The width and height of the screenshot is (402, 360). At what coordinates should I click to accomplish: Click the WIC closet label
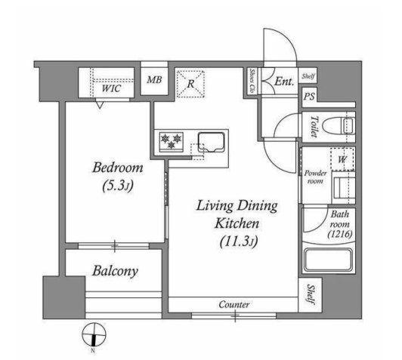[111, 88]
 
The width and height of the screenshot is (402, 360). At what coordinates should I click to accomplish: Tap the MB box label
[154, 80]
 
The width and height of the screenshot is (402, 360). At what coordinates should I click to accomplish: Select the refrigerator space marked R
[190, 84]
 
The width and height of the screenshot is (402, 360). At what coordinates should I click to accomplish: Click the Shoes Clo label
[252, 81]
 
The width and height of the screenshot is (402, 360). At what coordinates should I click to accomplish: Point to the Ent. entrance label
[284, 82]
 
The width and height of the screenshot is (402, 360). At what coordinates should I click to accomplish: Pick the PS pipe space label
[310, 97]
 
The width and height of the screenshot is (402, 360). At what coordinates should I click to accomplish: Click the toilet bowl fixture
[339, 126]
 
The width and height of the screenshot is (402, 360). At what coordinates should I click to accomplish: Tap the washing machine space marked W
[343, 159]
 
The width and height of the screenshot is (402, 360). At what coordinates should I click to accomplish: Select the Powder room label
[315, 177]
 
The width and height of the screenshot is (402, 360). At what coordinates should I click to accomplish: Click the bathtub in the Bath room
[329, 260]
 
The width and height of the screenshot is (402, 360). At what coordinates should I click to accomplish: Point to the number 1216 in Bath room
[340, 234]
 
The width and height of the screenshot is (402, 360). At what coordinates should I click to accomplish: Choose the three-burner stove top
[171, 141]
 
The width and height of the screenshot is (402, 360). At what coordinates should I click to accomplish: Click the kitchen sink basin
[212, 142]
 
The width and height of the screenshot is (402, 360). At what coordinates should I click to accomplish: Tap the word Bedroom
[118, 168]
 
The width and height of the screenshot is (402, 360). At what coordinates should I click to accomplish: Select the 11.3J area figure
[239, 241]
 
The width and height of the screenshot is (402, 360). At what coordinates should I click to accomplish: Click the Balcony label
[116, 271]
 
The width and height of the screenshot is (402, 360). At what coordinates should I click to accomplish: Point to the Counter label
[234, 304]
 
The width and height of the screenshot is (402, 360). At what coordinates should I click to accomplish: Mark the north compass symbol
[94, 335]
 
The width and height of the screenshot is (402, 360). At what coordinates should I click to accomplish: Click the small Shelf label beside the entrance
[308, 75]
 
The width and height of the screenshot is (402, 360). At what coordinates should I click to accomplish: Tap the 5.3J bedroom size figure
[118, 186]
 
